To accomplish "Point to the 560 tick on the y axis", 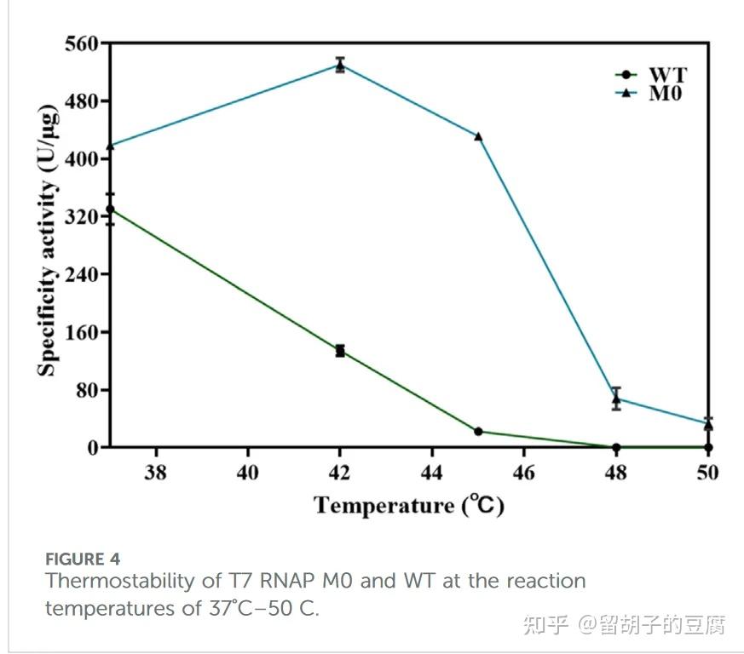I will [x=81, y=43].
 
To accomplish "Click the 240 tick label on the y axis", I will [x=81, y=274].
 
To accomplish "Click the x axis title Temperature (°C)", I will [x=409, y=506].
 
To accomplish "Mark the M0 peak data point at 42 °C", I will [x=340, y=65].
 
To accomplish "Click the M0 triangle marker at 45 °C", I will [x=478, y=136].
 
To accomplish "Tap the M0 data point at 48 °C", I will [x=616, y=399].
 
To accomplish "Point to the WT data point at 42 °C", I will [x=340, y=351].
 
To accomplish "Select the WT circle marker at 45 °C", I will [x=478, y=432].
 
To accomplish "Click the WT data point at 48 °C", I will [x=616, y=447].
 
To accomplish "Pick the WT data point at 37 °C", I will [x=111, y=209].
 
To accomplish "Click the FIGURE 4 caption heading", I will [x=82, y=559].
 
